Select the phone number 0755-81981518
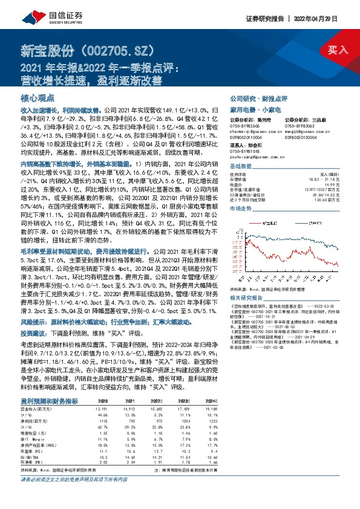[x=247, y=151]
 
